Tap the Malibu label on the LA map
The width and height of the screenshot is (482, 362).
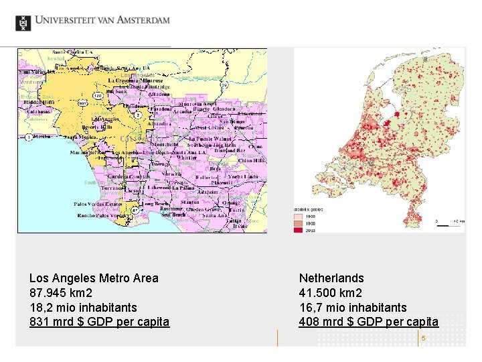tap(42, 137)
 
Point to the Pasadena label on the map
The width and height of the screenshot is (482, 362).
tap(161, 108)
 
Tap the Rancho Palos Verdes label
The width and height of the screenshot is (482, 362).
tap(101, 216)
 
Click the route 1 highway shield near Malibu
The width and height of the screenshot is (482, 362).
tap(29, 137)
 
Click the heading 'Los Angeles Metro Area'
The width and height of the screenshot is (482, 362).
tap(94, 278)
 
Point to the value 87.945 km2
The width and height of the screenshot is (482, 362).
tap(61, 293)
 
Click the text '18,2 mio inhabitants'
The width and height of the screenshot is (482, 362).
tap(83, 307)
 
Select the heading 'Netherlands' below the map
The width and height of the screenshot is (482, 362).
tap(331, 278)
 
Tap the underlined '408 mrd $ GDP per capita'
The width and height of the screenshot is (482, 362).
tap(369, 322)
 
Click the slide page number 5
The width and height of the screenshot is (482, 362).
tap(423, 339)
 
